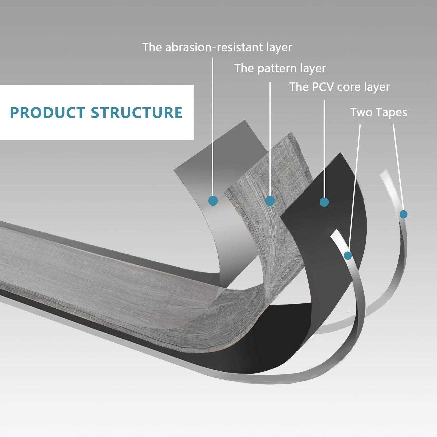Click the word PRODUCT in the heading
pos(47,113)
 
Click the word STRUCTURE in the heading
pos(137,113)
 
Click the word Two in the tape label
pos(361,112)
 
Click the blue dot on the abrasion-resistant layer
pos(213,201)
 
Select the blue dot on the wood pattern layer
pos(270,201)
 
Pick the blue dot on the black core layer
pos(324,202)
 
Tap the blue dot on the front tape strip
pos(348,256)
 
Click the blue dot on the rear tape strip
pos(403,214)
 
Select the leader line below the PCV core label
pos(324,147)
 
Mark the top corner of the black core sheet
pos(340,154)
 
